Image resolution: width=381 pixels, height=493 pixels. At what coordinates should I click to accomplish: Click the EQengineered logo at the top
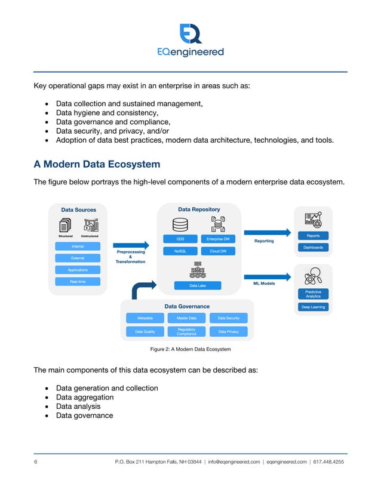tap(190, 41)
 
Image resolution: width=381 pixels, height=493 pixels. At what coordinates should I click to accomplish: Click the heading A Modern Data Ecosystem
tap(97, 164)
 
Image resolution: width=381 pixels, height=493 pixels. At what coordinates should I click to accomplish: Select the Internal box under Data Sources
tap(78, 246)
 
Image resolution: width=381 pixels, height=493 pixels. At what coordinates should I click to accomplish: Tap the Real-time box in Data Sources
tap(78, 281)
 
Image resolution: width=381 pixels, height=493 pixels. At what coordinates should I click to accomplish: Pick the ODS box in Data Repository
tap(180, 239)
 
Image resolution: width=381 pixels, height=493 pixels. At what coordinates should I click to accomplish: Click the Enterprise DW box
tap(217, 239)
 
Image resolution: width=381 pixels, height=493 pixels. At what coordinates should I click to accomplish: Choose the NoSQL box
tap(180, 251)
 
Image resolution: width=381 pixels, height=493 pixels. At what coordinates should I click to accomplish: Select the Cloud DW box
tap(217, 251)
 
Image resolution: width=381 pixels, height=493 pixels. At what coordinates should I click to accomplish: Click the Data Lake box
tap(198, 286)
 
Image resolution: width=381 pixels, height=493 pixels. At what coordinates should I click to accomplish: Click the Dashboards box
tap(313, 247)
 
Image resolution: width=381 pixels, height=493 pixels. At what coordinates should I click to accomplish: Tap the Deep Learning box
tap(313, 307)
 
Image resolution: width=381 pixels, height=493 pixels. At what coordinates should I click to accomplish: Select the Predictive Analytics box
tap(313, 294)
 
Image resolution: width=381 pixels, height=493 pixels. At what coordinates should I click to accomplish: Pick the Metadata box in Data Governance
tap(145, 318)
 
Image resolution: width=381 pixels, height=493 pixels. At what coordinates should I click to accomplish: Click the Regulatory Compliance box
tap(186, 331)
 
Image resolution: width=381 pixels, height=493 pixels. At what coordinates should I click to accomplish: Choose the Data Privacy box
tap(228, 331)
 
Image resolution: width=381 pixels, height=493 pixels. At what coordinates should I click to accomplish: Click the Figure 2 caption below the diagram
tap(190, 349)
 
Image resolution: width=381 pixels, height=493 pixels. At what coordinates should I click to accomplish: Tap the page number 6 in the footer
tap(35, 462)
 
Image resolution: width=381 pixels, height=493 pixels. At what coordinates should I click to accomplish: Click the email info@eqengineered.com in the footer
tap(233, 462)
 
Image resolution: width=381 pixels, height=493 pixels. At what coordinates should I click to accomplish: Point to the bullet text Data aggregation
tap(85, 398)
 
